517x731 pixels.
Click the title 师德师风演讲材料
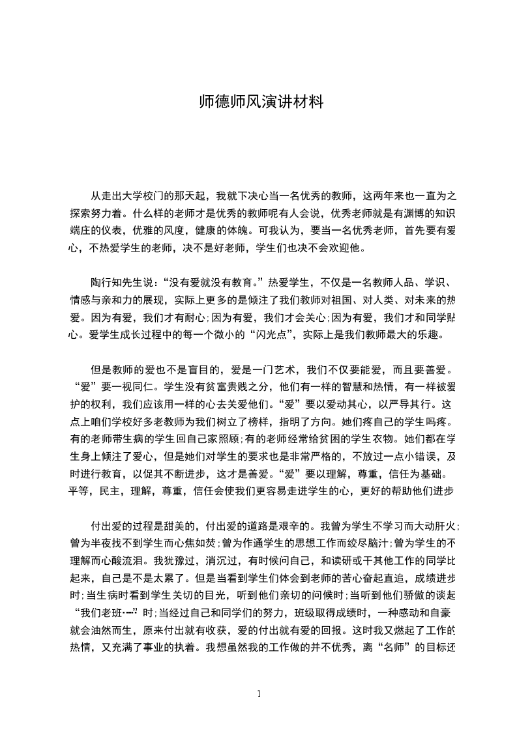pyautogui.click(x=260, y=103)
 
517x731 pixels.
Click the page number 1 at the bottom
pyautogui.click(x=259, y=693)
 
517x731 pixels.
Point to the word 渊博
pyautogui.click(x=409, y=213)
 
